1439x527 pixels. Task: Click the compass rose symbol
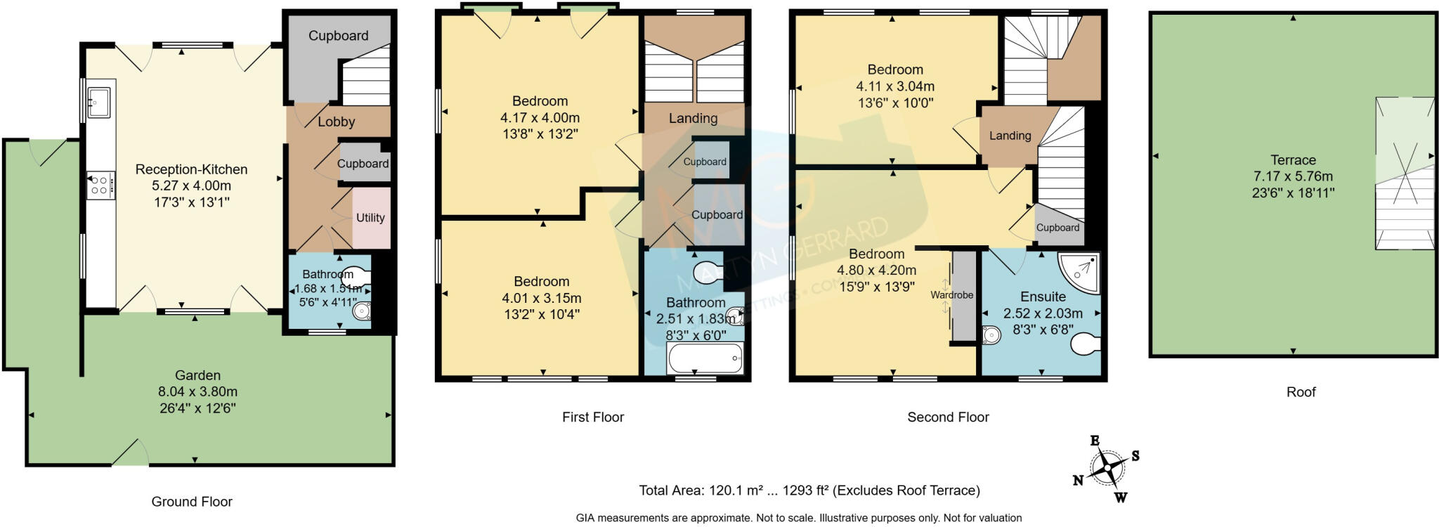point(1107,468)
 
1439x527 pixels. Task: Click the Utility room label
point(370,218)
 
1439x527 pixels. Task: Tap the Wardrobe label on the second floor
point(952,295)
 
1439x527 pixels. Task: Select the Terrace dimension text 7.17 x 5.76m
point(1293,176)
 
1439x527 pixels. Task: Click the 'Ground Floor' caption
point(192,502)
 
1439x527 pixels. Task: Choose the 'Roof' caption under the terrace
point(1301,392)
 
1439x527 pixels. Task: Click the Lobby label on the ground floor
point(336,122)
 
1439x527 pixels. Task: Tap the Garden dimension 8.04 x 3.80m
point(197,391)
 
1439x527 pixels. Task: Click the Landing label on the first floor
point(693,118)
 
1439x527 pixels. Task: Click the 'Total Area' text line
point(809,490)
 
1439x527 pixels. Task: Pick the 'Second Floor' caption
point(948,417)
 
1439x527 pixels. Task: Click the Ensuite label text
point(1043,297)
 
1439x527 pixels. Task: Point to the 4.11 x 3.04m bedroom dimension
point(894,86)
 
